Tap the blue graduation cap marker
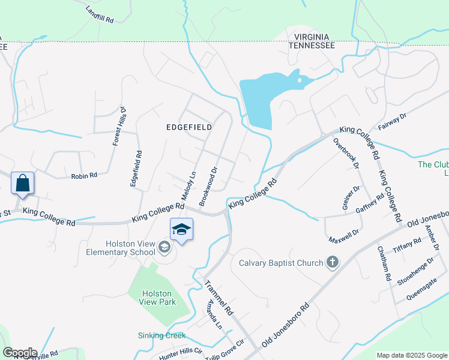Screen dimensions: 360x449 click(x=182, y=230)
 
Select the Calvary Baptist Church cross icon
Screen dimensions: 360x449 click(x=333, y=262)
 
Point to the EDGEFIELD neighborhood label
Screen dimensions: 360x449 click(x=190, y=127)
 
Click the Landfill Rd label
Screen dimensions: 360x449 click(x=100, y=14)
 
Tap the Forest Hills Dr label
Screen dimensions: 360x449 click(x=118, y=127)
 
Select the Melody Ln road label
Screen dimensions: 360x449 click(x=189, y=186)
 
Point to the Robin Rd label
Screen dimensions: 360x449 click(x=84, y=176)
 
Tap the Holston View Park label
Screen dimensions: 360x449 click(x=159, y=298)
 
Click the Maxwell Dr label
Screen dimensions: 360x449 click(x=344, y=235)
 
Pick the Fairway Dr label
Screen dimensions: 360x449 click(x=393, y=122)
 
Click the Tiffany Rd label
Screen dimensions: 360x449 click(x=408, y=245)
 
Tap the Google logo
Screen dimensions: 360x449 click(x=20, y=353)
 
